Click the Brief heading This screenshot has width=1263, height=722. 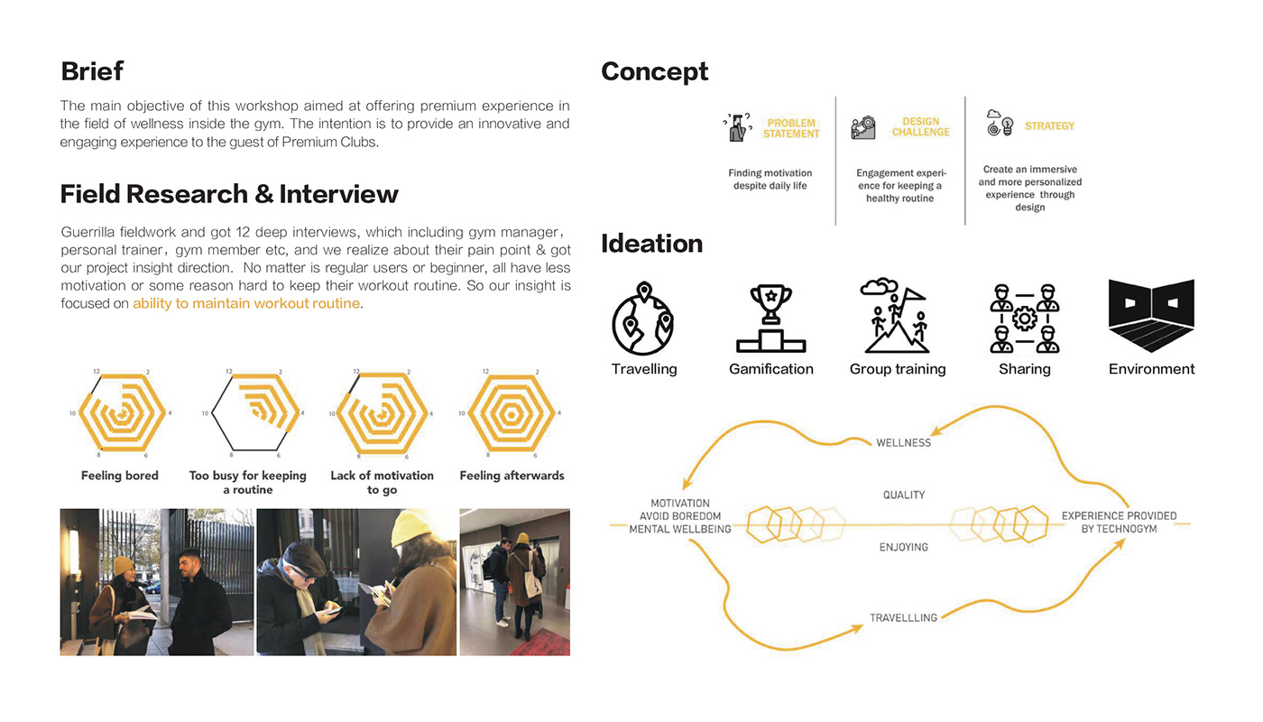pyautogui.click(x=92, y=71)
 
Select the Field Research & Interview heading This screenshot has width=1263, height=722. pyautogui.click(x=229, y=194)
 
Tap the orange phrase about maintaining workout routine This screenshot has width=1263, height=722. pyautogui.click(x=246, y=304)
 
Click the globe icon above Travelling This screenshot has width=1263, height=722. pyautogui.click(x=643, y=319)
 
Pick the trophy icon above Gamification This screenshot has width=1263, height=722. pyautogui.click(x=770, y=319)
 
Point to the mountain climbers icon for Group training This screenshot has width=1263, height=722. pyautogui.click(x=897, y=316)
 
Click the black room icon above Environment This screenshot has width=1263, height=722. pyautogui.click(x=1151, y=316)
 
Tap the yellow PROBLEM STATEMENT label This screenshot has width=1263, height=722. pyautogui.click(x=791, y=128)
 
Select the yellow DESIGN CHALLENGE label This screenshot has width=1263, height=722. pyautogui.click(x=920, y=127)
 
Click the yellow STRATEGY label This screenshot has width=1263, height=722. pyautogui.click(x=1049, y=126)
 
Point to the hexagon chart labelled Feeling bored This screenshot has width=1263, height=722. pyautogui.click(x=120, y=413)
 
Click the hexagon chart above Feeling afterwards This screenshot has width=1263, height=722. pyautogui.click(x=512, y=413)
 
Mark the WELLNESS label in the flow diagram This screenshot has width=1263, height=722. pyautogui.click(x=903, y=443)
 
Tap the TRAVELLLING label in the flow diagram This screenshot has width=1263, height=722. pyautogui.click(x=903, y=618)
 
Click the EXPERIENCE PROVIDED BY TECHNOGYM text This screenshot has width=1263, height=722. pyautogui.click(x=1119, y=523)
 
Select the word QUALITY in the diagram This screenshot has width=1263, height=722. pyautogui.click(x=904, y=495)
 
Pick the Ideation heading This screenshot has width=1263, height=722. pyautogui.click(x=651, y=244)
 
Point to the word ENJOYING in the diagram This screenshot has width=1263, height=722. pyautogui.click(x=904, y=547)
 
